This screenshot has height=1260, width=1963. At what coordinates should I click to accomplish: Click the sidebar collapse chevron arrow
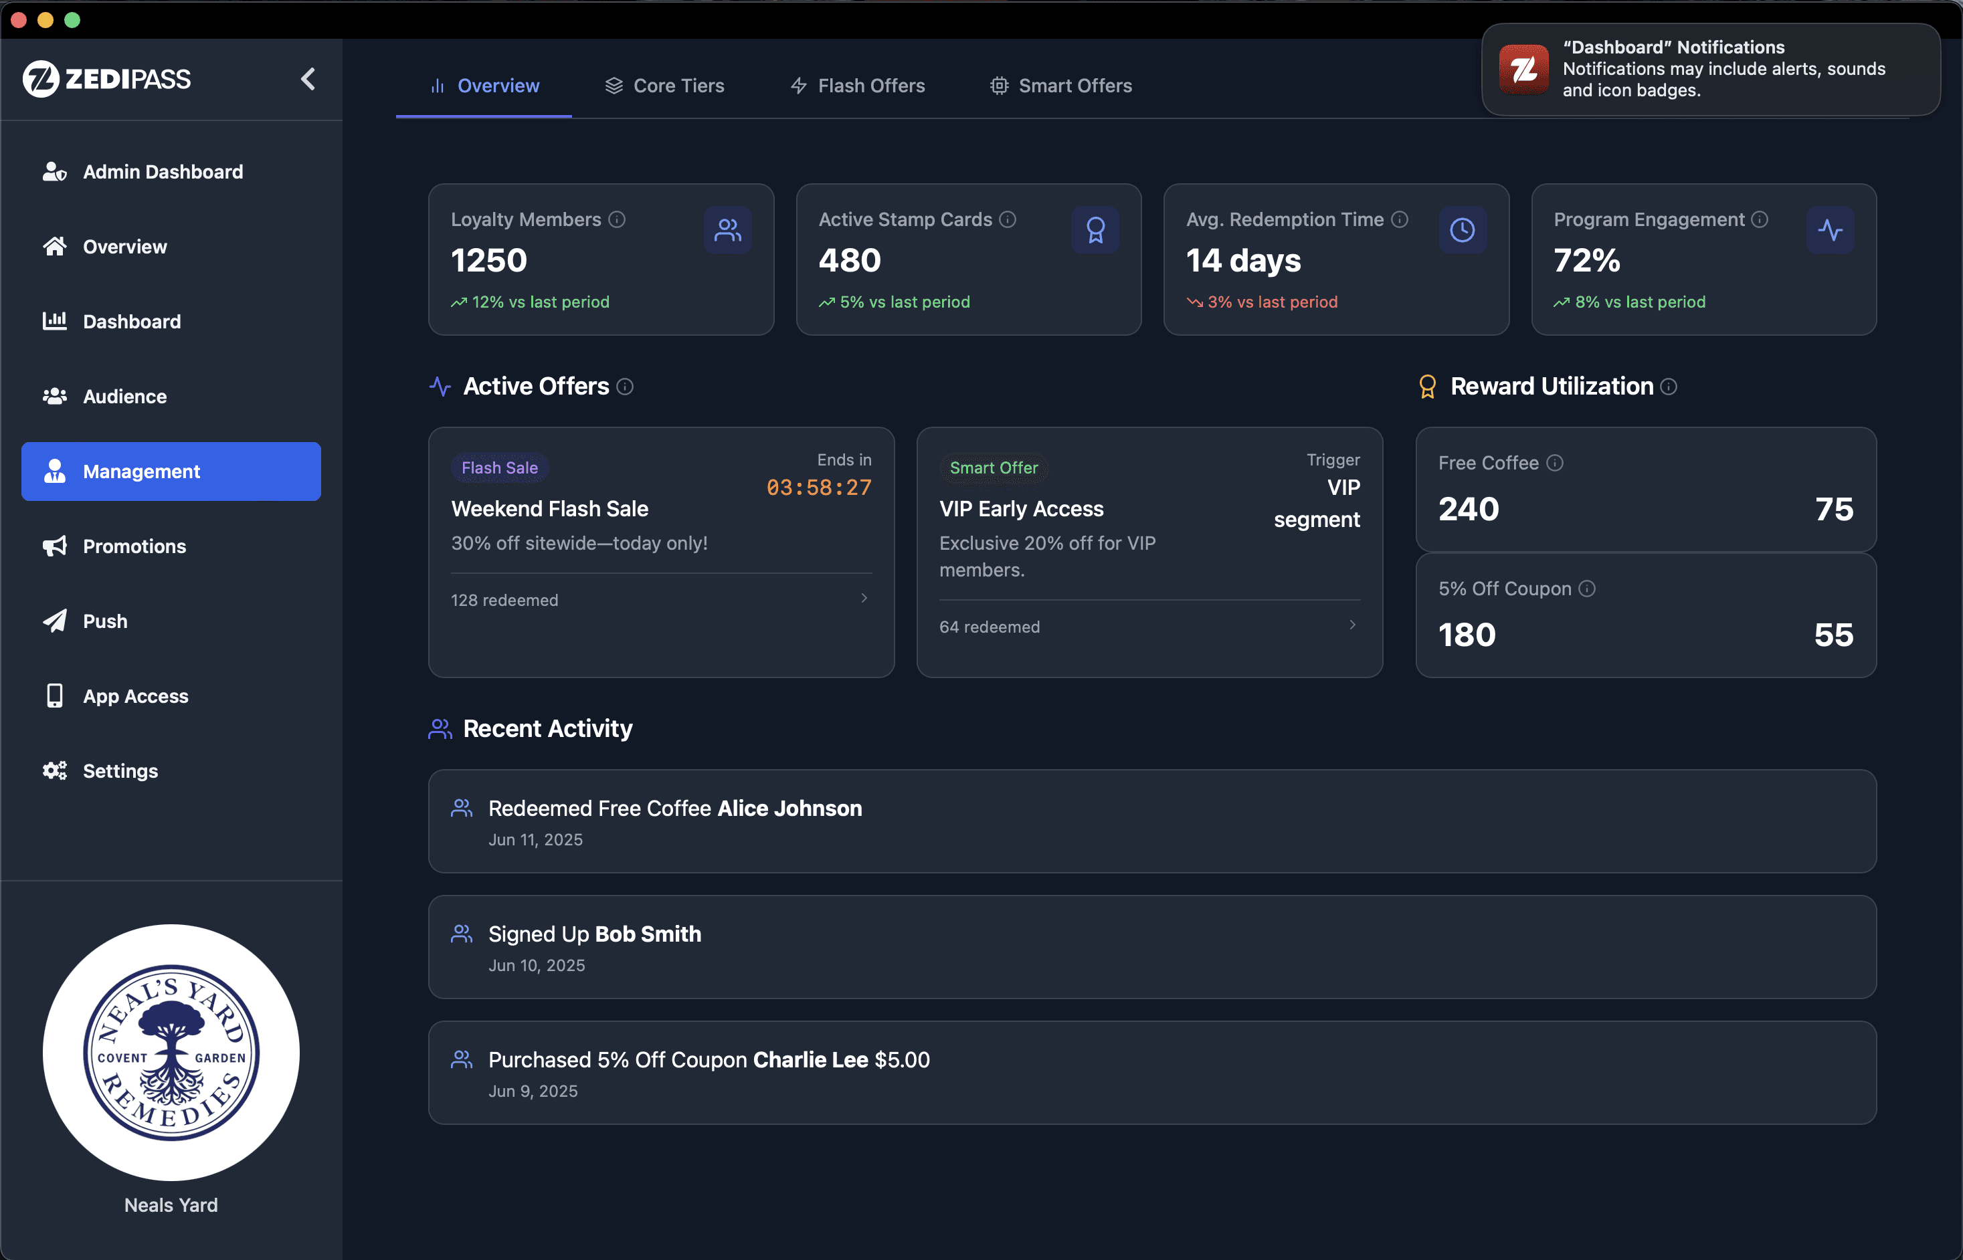(x=308, y=80)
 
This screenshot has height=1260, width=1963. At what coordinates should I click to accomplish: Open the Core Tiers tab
(x=664, y=86)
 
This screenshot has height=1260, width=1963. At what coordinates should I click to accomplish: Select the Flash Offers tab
(x=858, y=86)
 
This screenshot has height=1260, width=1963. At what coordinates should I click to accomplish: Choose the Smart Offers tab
(x=1060, y=86)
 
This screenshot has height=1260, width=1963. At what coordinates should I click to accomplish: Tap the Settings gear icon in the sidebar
(x=55, y=770)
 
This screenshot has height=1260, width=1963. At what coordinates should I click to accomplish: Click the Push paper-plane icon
(x=55, y=621)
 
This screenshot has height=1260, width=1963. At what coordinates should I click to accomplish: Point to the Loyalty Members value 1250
(x=488, y=261)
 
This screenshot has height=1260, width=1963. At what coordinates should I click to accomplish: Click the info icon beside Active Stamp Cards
(x=1008, y=219)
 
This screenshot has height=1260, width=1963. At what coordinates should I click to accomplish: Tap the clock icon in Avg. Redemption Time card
(x=1463, y=230)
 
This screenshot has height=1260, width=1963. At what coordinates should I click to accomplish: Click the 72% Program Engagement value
(x=1586, y=261)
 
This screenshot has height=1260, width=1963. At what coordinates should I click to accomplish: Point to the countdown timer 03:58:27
(x=819, y=488)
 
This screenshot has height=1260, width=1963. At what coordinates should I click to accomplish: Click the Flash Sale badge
(x=500, y=468)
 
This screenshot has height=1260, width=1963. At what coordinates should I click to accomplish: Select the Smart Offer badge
(x=994, y=468)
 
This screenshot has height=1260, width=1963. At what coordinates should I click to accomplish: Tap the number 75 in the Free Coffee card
(x=1834, y=509)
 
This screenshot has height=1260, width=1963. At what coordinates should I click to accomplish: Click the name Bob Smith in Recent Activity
(x=648, y=934)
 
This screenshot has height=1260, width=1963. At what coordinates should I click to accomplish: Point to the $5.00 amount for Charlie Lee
(x=903, y=1060)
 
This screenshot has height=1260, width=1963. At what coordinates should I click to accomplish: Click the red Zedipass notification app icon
(x=1523, y=70)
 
